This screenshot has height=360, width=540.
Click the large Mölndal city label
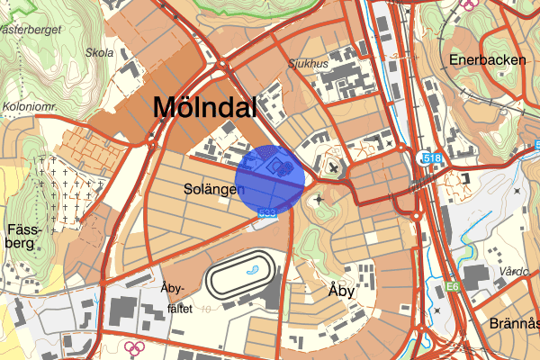pyautogui.click(x=204, y=107)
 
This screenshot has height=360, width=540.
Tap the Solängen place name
pyautogui.click(x=215, y=190)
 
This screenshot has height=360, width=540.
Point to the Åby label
pyautogui.click(x=341, y=291)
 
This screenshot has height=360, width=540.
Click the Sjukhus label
pyautogui.click(x=309, y=65)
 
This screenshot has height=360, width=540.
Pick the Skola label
pyautogui.click(x=99, y=52)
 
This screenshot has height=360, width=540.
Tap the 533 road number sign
pyautogui.click(x=266, y=213)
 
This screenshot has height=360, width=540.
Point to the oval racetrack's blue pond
pyautogui.click(x=255, y=266)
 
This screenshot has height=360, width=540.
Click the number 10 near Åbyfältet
pyautogui.click(x=207, y=309)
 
